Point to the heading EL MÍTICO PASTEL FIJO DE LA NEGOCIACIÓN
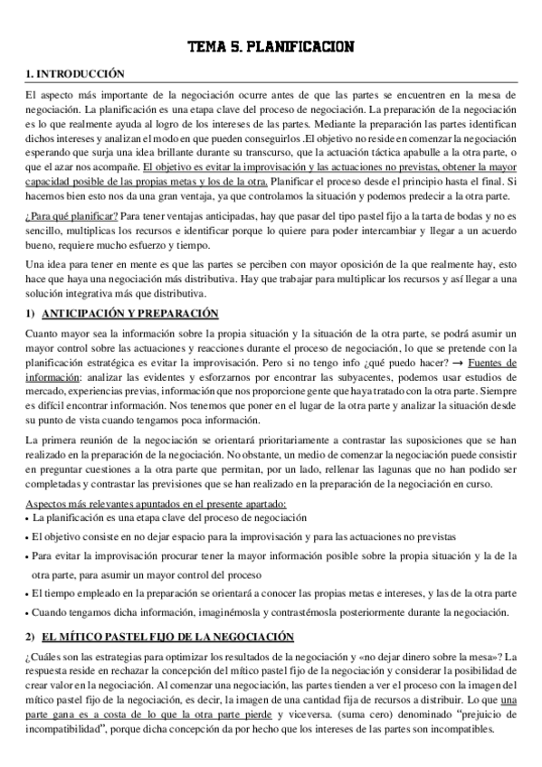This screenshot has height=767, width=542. [x=163, y=636]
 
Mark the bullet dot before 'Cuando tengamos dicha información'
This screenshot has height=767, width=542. [x=27, y=612]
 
